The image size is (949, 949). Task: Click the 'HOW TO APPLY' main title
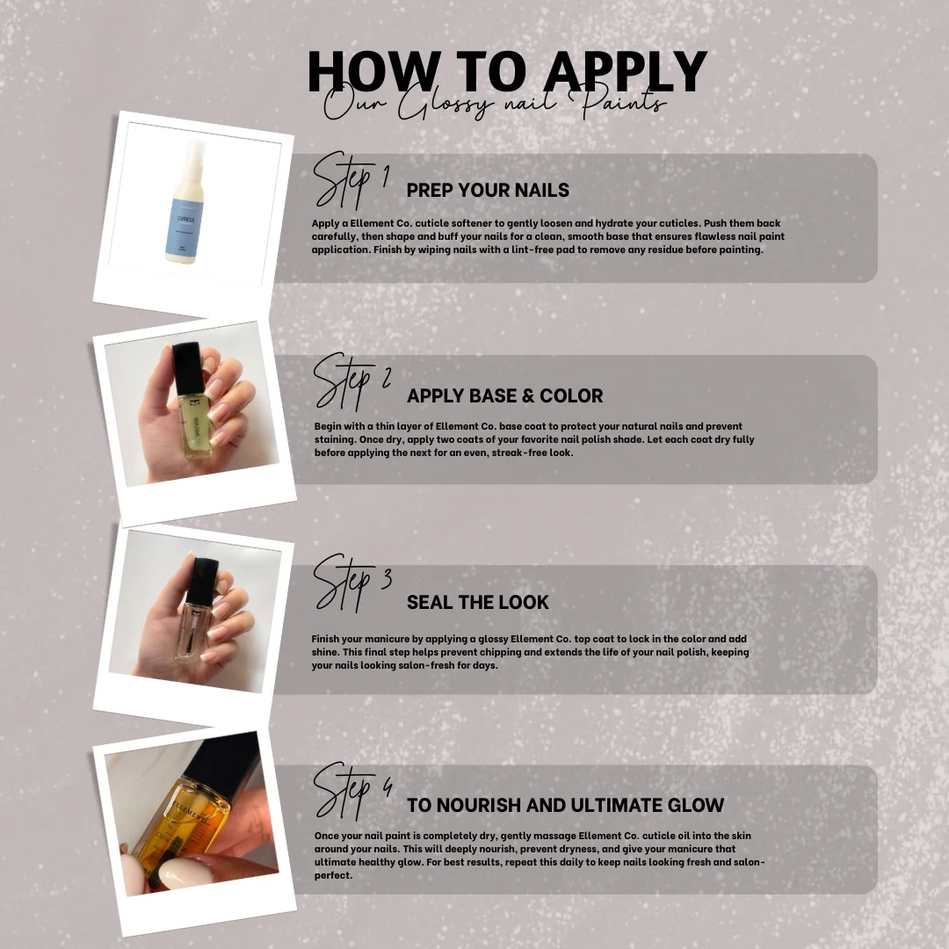pyautogui.click(x=507, y=71)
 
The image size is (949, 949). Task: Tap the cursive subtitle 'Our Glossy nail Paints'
pyautogui.click(x=495, y=102)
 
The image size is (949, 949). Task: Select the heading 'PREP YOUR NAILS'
pyautogui.click(x=488, y=190)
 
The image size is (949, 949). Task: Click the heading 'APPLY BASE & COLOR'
pyautogui.click(x=504, y=395)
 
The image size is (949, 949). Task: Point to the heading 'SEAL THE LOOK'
pyautogui.click(x=477, y=602)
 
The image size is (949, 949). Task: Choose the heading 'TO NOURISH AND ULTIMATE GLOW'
pyautogui.click(x=565, y=806)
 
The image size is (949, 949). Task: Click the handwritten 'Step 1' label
pyautogui.click(x=350, y=180)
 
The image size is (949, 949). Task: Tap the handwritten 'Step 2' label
pyautogui.click(x=351, y=381)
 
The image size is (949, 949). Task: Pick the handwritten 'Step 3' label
pyautogui.click(x=351, y=583)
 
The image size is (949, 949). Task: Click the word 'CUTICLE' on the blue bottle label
pyautogui.click(x=185, y=220)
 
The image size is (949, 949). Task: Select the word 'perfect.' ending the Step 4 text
pyautogui.click(x=333, y=876)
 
